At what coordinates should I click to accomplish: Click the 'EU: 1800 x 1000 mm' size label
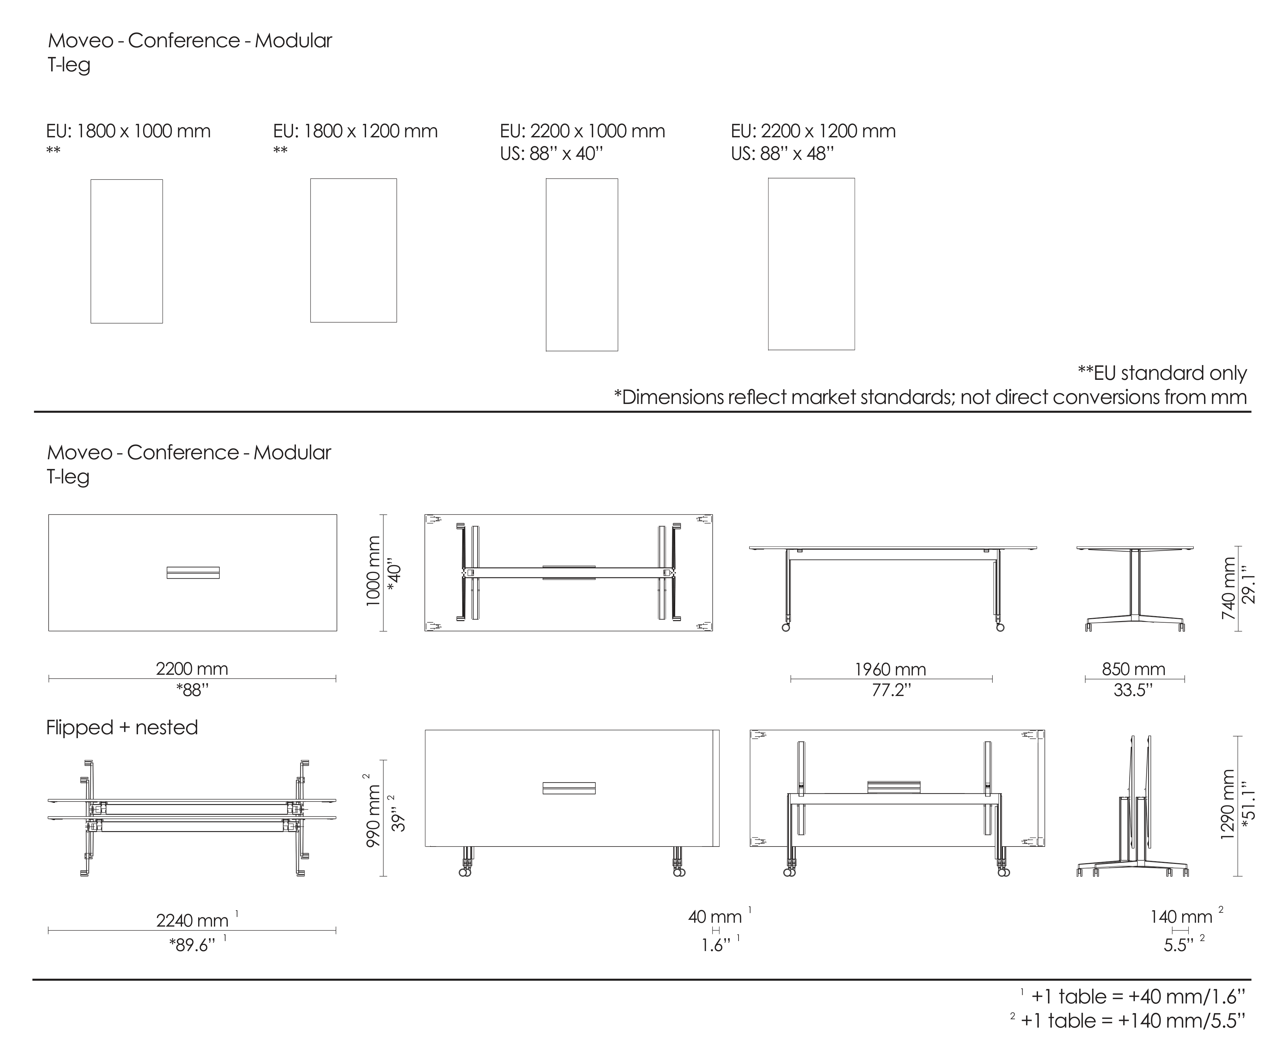tap(128, 132)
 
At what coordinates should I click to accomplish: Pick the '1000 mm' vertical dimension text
tap(373, 572)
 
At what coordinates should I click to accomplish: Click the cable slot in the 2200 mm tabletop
tap(193, 572)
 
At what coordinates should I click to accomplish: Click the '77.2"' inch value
tap(891, 690)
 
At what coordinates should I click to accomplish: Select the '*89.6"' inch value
tap(192, 945)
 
